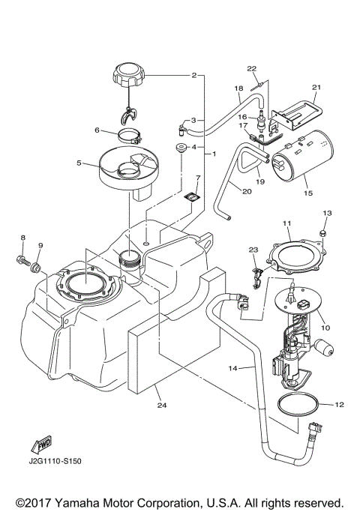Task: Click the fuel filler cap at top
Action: (128, 75)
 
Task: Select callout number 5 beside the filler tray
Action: (79, 161)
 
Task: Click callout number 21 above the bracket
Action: (316, 88)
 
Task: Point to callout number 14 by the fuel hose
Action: (232, 368)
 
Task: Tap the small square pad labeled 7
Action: (193, 199)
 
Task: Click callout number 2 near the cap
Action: (194, 76)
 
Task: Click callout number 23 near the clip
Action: (253, 250)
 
